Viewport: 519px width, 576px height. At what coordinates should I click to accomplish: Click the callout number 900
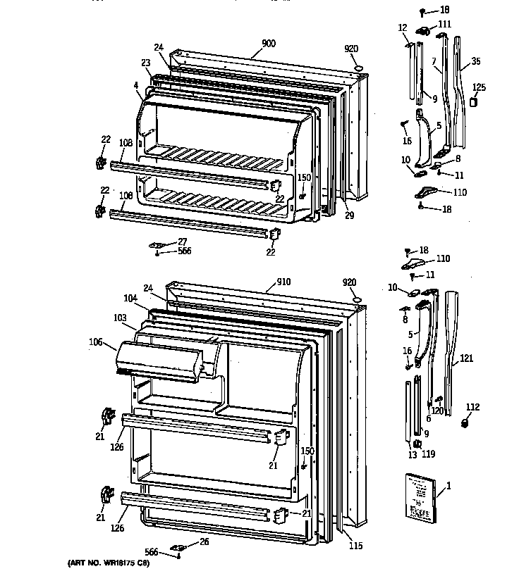268,44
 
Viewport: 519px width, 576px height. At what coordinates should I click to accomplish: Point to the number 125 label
479,87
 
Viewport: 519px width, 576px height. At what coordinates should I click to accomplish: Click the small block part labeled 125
475,101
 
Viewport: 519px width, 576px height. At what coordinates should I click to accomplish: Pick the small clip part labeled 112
465,422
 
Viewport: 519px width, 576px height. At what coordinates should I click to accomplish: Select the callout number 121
466,358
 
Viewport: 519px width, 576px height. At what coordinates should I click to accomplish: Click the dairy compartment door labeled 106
162,359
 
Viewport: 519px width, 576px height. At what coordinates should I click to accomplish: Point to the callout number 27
182,242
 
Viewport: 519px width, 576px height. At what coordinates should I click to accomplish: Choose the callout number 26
204,542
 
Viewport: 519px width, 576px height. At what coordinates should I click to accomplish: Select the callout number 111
444,25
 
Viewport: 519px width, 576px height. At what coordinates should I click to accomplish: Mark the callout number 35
476,62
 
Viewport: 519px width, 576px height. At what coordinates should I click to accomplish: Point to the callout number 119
428,454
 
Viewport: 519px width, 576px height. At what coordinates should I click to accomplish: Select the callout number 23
145,63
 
